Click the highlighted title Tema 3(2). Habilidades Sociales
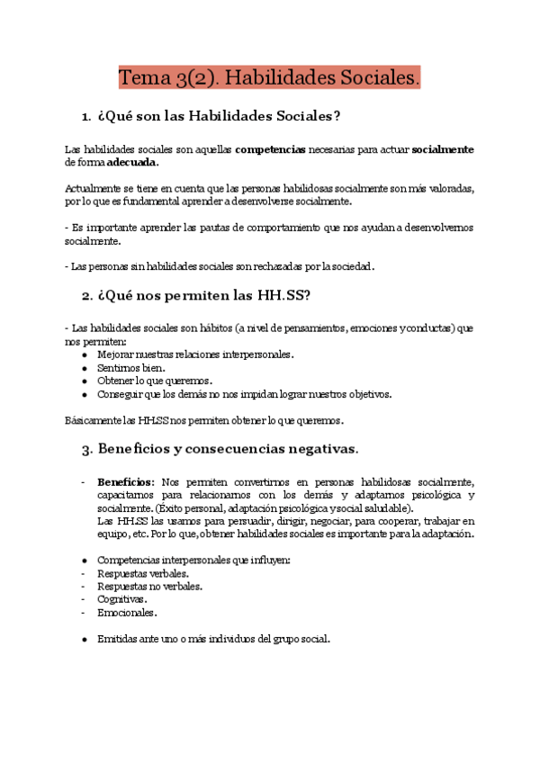270,78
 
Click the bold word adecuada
132,163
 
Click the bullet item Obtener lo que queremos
155,381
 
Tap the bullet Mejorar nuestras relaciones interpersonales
195,355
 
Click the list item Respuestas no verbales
149,586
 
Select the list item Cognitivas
122,599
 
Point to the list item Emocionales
127,612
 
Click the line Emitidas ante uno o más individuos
214,639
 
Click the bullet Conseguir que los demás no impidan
245,394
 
